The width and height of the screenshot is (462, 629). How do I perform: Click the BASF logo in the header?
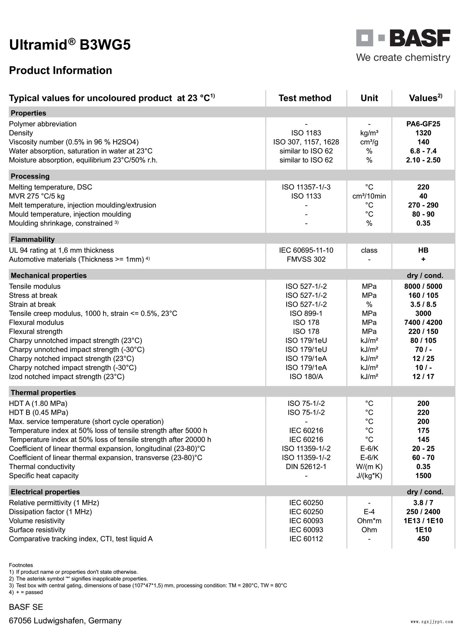tap(403, 38)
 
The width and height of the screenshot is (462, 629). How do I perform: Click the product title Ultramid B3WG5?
tap(70, 45)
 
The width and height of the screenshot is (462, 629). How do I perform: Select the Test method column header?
tap(305, 98)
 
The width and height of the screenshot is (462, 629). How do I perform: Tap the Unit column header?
tap(369, 98)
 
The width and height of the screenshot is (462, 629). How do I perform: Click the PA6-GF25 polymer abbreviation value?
tap(423, 124)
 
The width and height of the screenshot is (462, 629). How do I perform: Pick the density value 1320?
tap(423, 133)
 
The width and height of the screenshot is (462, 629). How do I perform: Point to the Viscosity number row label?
tap(74, 142)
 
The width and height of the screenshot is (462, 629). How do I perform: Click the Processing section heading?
tap(30, 176)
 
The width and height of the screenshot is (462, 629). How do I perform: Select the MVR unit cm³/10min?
tap(369, 196)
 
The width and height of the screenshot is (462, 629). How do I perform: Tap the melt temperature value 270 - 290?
tap(423, 205)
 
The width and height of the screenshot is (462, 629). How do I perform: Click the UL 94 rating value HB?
tap(423, 250)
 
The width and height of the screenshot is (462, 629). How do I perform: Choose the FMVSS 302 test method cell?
tap(306, 259)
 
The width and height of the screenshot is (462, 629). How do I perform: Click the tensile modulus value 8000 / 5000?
tap(423, 286)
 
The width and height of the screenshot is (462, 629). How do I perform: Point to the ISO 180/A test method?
tap(306, 377)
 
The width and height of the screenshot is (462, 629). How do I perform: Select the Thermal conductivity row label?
tap(42, 467)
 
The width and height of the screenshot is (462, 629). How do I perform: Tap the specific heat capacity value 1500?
tap(423, 476)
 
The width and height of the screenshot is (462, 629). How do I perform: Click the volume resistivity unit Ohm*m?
tap(369, 521)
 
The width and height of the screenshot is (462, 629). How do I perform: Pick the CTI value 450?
tap(423, 539)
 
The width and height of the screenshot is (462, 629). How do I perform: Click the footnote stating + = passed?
tap(26, 592)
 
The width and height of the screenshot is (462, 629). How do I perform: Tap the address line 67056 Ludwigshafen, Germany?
tap(65, 620)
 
